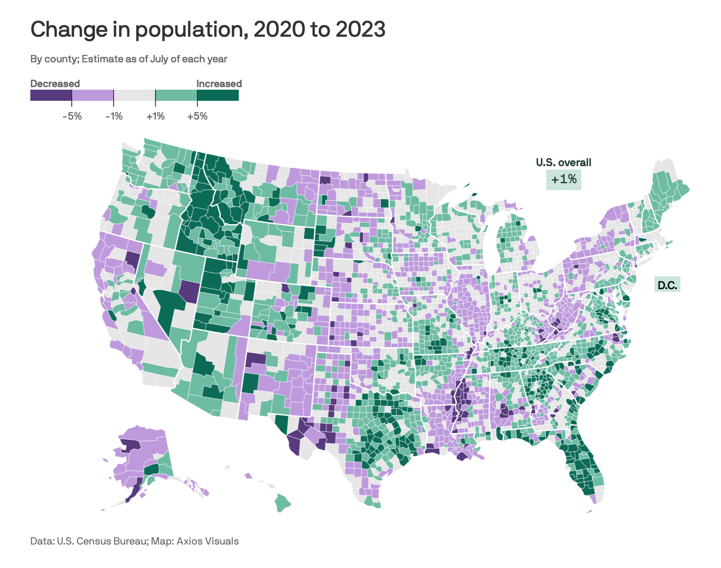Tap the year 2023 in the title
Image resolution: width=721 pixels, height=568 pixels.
tap(360, 29)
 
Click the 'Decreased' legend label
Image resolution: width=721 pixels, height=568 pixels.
tap(55, 84)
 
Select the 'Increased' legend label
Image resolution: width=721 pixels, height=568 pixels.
tap(219, 84)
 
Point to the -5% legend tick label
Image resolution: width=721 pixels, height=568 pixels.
tap(72, 116)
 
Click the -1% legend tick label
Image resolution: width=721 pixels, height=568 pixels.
tap(114, 116)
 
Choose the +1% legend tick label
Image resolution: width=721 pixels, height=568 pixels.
tap(155, 116)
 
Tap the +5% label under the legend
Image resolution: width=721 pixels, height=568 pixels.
tap(197, 116)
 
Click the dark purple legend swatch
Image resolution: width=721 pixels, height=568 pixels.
tap(51, 95)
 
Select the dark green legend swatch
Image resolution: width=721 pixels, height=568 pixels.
tap(218, 95)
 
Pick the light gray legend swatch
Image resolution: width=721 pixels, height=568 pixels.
tap(135, 95)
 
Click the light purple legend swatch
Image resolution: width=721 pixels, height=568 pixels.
tap(93, 95)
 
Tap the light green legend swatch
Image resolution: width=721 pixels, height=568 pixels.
tap(176, 95)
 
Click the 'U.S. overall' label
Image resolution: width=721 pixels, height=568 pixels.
tap(564, 162)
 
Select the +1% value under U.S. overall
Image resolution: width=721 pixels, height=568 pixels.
tap(564, 179)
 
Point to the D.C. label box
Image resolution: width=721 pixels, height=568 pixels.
tap(667, 285)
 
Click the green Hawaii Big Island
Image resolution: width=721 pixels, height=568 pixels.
tap(283, 503)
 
